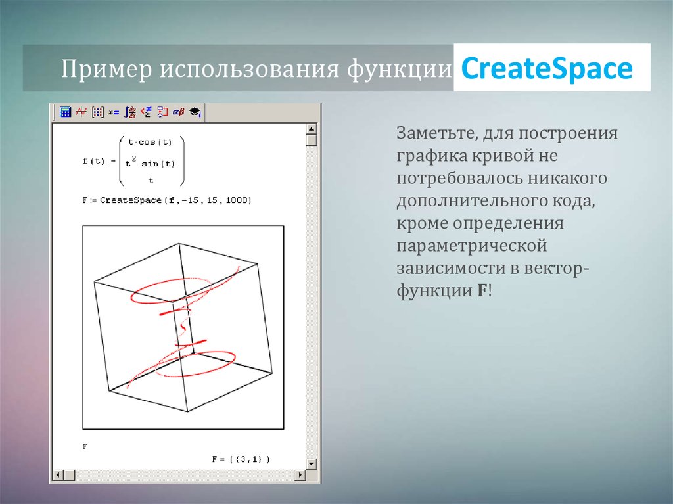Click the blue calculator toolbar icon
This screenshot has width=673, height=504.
coord(65,112)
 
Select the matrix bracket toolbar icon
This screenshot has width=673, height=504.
coord(98,112)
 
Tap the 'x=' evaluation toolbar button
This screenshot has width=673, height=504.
coord(114,112)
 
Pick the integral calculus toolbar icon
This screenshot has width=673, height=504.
coord(130,112)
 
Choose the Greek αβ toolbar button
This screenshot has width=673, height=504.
coord(178,112)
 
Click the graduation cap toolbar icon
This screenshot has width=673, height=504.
coord(195,112)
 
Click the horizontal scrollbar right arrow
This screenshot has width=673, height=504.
coord(300,474)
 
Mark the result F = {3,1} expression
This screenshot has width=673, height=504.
coord(241,459)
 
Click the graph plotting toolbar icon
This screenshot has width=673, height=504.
coord(81,112)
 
